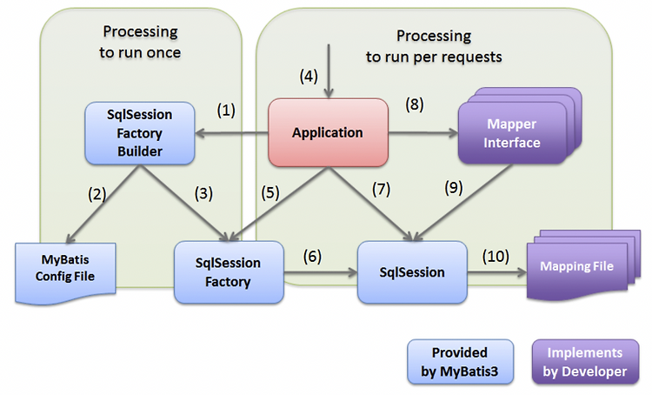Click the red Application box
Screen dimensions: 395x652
[x=327, y=133]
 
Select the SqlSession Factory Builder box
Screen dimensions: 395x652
[x=139, y=133]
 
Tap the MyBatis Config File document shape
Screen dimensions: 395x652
[x=67, y=269]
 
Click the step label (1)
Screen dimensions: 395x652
[x=226, y=110]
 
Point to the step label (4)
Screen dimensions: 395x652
[x=307, y=76]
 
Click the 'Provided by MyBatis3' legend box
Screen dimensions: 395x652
[x=459, y=362]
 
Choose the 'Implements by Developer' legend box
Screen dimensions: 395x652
[x=586, y=362]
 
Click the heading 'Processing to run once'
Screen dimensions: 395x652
[x=140, y=41]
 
